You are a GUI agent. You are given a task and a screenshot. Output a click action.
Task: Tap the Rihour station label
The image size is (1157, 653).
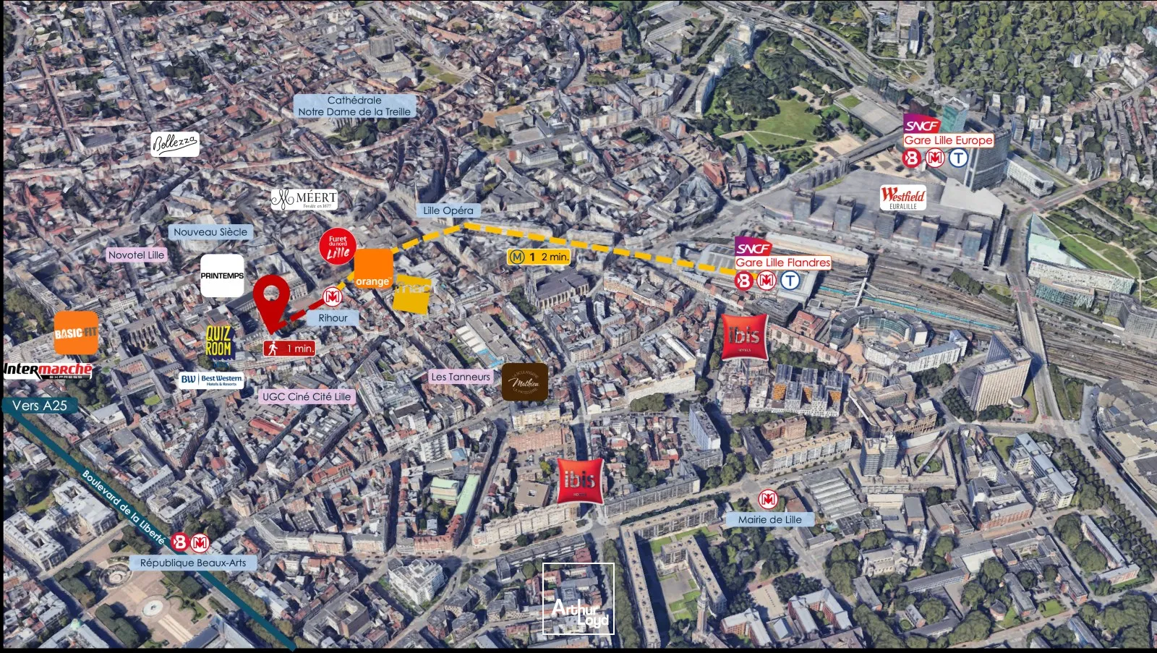pos(333,317)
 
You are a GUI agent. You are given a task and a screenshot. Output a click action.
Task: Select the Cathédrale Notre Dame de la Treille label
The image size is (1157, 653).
pos(354,106)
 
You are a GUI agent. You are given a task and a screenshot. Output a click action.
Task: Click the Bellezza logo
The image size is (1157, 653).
pos(174,145)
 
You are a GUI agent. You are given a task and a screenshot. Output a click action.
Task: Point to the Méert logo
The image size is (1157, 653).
pos(304,199)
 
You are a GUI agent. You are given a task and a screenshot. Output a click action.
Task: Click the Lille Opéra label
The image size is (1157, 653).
pos(448,210)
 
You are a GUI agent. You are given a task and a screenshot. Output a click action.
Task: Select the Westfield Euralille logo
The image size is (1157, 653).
pos(903,197)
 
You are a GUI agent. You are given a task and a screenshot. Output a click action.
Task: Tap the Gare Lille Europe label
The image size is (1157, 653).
pos(948,140)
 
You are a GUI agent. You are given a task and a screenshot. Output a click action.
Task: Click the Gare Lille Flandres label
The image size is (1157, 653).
pos(782,263)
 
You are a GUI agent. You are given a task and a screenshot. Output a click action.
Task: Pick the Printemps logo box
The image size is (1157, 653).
pos(222,276)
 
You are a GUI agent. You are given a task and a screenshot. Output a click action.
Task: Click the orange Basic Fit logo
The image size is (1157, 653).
pos(76,333)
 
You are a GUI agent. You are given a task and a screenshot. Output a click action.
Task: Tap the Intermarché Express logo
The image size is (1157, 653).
pos(48,371)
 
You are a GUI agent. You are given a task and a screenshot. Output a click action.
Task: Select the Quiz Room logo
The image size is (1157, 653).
pos(218,341)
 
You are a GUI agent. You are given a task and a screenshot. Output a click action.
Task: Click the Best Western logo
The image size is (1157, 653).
pos(212,380)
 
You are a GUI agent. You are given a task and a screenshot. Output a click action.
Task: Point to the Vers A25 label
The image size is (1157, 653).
pos(40,406)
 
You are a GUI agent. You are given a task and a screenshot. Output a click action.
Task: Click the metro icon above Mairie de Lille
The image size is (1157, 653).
pos(768,499)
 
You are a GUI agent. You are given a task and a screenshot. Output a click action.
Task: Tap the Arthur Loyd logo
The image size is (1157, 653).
pos(578,599)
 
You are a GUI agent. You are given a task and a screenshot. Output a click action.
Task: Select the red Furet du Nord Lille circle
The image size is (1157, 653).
pos(338,247)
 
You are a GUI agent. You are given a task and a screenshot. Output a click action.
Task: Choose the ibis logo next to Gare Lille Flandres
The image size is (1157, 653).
pos(744,336)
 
